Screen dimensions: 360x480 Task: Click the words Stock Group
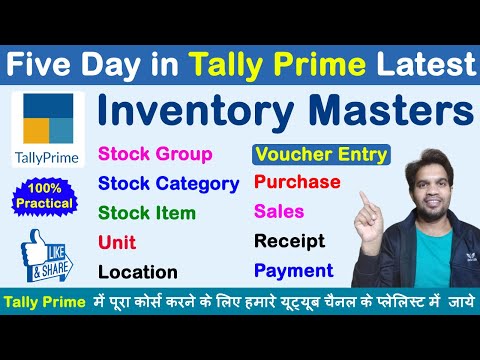pos(154,154)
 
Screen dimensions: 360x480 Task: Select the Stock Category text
pos(168,183)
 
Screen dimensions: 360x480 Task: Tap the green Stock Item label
pos(146,212)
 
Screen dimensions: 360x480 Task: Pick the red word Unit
pos(117,241)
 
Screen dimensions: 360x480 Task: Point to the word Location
pos(137,271)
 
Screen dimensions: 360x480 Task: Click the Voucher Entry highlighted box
pos(321,155)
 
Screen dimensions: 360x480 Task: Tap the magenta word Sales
pos(279,211)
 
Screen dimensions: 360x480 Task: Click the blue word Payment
pos(293,270)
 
